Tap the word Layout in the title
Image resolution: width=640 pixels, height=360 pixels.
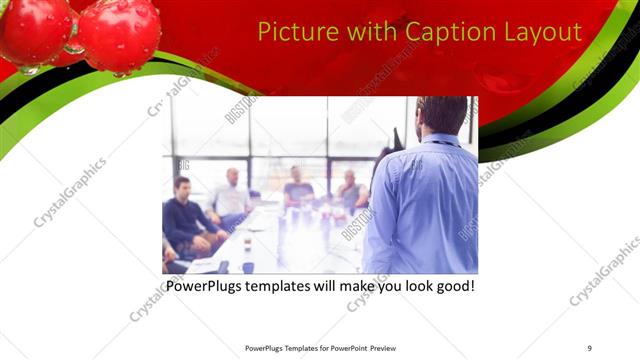point(540,31)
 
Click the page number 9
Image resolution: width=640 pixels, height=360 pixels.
point(590,348)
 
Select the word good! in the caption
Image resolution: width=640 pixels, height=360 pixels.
point(453,286)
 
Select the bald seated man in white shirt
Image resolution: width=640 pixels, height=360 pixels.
point(232,195)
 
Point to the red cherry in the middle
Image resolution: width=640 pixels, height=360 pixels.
point(119,35)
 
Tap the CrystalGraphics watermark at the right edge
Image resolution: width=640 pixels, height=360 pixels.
point(605,271)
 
